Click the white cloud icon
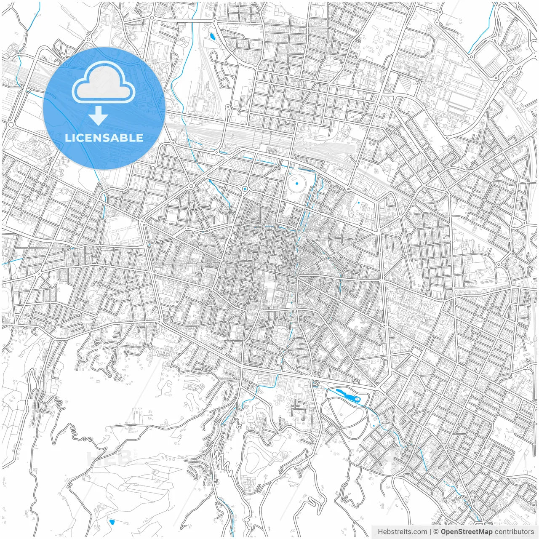point(104,83)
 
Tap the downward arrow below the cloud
point(98,116)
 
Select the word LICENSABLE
point(104,138)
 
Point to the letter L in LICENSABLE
point(67,138)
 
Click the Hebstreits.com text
point(402,531)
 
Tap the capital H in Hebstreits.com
point(380,531)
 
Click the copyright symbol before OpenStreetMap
point(437,531)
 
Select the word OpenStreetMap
point(466,531)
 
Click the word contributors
point(514,531)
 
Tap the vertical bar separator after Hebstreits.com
point(430,531)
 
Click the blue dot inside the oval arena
point(297,183)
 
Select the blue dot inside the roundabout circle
point(245,189)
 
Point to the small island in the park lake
point(358,399)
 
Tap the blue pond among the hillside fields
point(112,522)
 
